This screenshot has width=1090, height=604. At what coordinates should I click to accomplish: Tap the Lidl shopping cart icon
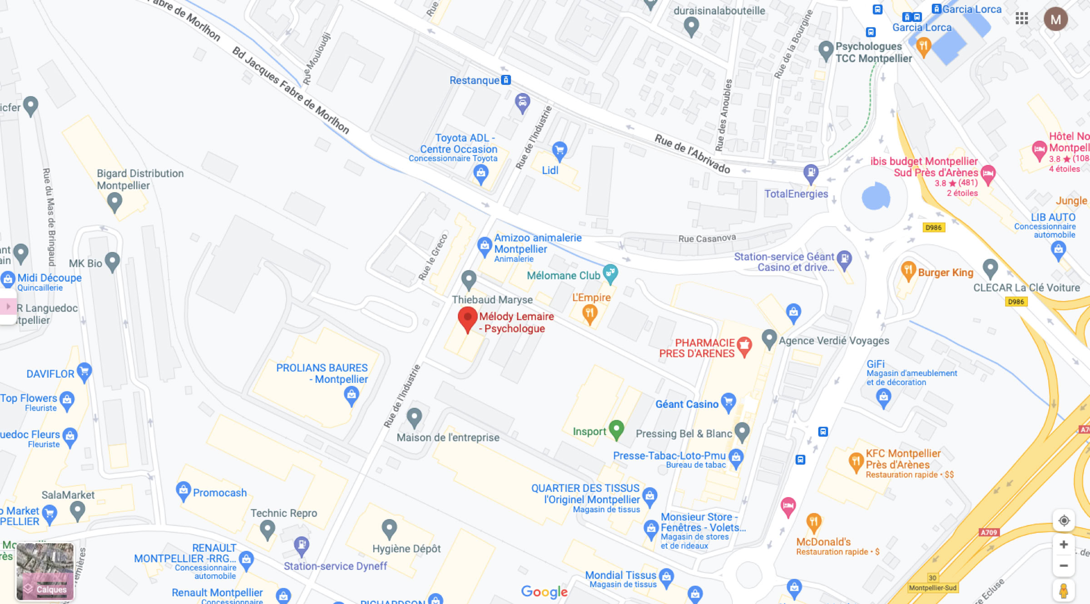(560, 150)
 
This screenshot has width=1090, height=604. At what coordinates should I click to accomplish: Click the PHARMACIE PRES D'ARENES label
(697, 348)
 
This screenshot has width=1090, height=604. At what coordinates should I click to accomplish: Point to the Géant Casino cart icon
(728, 402)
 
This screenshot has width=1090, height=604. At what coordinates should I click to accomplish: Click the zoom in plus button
(1064, 544)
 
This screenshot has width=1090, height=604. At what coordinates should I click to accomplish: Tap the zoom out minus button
(1064, 566)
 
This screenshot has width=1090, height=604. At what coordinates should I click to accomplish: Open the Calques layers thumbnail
(45, 571)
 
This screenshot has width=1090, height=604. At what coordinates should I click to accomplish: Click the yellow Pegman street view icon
(1064, 591)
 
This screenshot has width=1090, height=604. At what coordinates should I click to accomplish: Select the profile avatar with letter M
(1055, 19)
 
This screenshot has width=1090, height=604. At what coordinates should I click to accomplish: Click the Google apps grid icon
(1022, 18)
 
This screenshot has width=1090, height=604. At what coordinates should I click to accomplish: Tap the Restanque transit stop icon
(506, 80)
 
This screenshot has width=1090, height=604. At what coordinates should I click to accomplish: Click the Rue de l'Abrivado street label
(692, 153)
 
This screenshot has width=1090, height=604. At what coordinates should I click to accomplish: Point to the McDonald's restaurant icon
(813, 522)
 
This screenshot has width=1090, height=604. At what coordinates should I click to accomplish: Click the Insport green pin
(616, 429)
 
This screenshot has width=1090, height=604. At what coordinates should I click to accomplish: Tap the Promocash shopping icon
(183, 491)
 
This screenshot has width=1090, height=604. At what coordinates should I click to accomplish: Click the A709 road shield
(989, 532)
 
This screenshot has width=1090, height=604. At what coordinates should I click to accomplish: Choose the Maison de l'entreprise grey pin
(414, 417)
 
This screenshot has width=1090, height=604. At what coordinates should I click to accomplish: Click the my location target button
(1064, 520)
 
